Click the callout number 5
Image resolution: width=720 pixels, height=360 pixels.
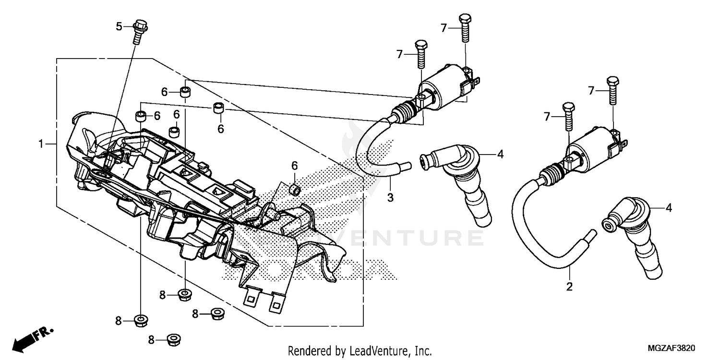tap(119, 26)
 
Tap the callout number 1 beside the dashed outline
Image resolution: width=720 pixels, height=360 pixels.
tap(41, 144)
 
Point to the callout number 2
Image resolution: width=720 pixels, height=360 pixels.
tap(570, 287)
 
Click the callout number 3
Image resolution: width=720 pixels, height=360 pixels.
tap(390, 197)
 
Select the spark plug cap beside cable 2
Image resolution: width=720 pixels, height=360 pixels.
tap(634, 235)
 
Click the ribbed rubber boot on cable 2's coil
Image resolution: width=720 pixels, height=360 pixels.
tap(552, 174)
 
